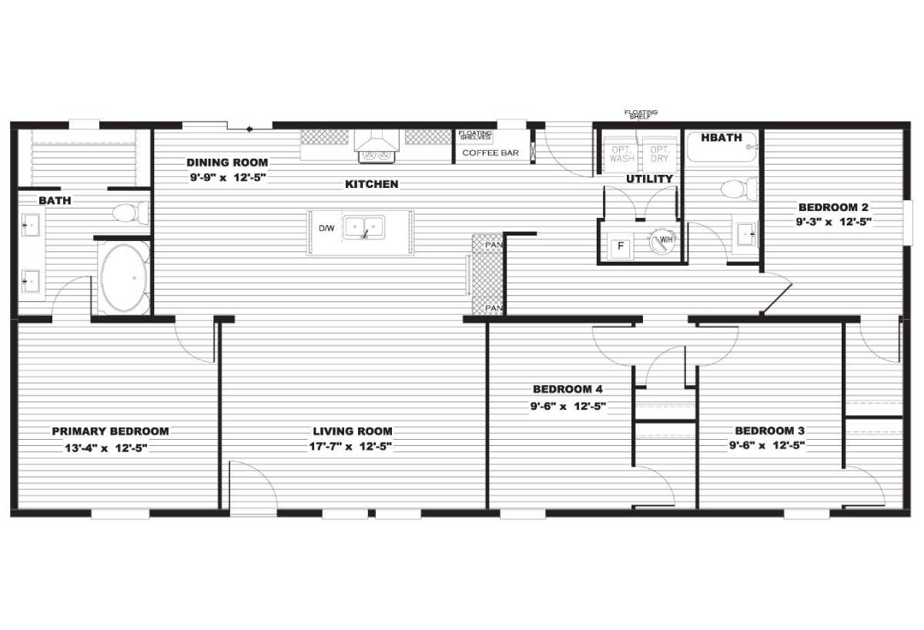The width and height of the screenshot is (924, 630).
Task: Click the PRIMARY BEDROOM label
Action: point(110,431)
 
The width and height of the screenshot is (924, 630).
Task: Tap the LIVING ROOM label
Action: point(352,431)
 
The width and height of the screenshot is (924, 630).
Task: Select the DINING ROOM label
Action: point(227,163)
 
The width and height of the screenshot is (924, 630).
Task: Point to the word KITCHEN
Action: point(371,184)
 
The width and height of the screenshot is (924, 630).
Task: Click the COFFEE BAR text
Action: point(490,152)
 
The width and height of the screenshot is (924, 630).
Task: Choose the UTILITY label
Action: point(649,179)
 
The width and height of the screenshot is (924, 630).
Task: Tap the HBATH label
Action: point(721,138)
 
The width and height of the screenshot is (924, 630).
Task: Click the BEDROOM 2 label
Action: point(833,207)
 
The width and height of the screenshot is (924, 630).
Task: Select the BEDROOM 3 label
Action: point(770,431)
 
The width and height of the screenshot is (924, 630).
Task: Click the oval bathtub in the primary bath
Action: point(123,278)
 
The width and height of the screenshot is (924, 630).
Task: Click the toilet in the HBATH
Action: point(742,188)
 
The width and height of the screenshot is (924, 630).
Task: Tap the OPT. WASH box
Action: point(621,154)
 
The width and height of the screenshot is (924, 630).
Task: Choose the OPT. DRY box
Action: point(659,154)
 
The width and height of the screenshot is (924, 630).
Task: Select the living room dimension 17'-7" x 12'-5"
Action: point(352,447)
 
